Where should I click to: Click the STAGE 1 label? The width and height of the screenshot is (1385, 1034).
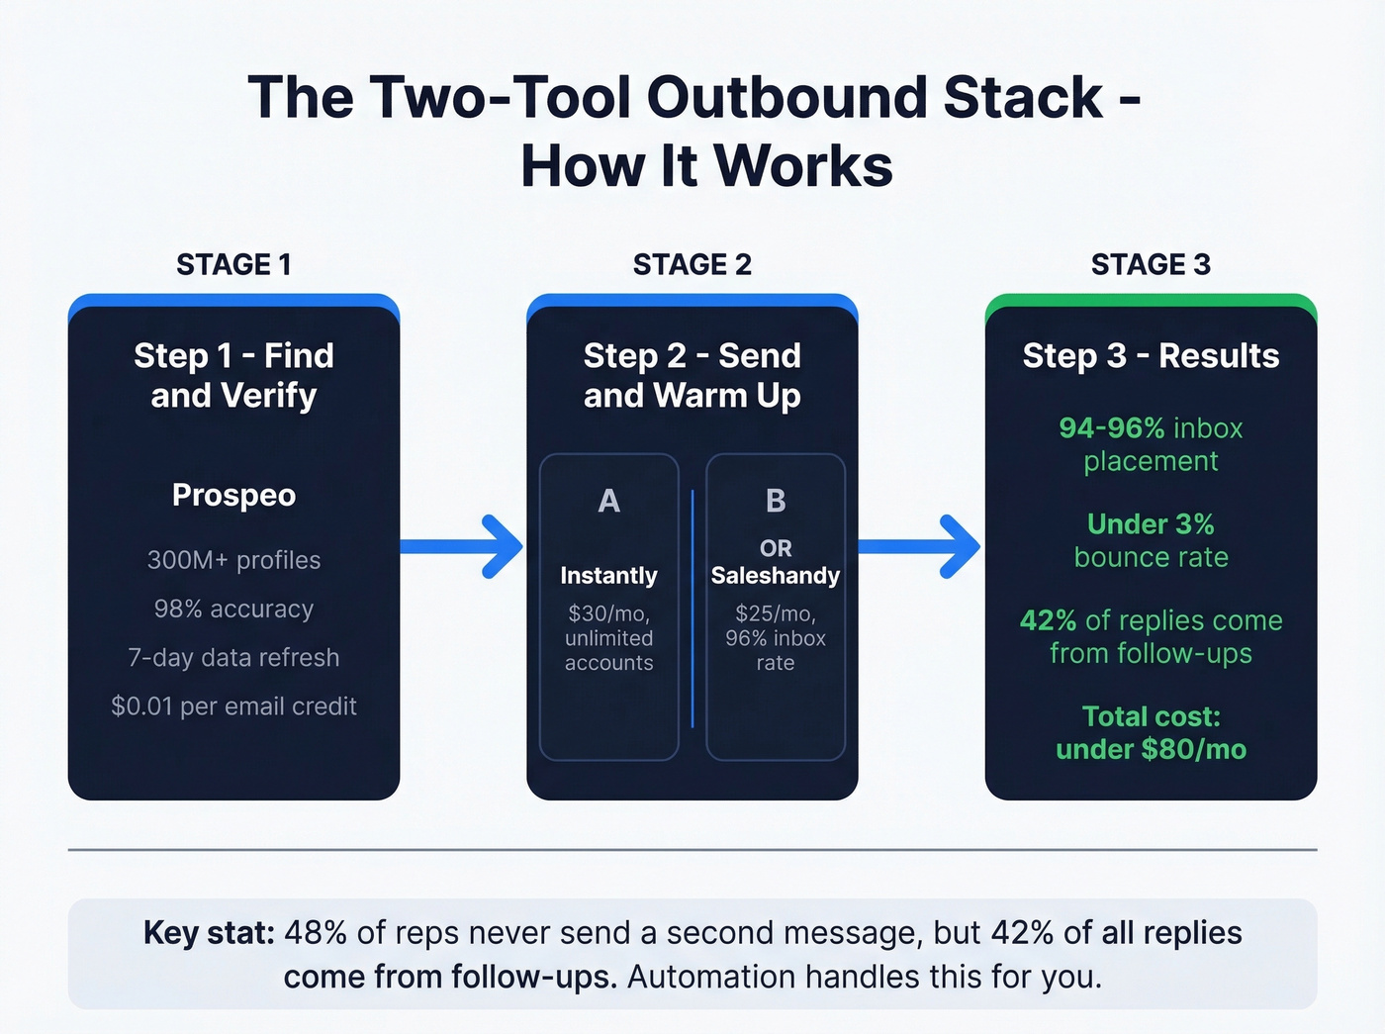pos(233,265)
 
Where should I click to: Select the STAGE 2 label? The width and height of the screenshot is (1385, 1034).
pos(692,265)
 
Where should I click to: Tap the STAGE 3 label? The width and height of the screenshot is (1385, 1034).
pos(1151,265)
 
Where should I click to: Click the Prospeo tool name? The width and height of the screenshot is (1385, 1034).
pos(233,495)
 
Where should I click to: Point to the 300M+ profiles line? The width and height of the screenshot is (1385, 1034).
pos(233,560)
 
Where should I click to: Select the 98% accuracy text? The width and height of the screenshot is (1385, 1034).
pos(233,609)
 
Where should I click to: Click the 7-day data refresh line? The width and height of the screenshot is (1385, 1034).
pos(233,658)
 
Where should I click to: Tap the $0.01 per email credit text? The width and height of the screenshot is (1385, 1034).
pos(233,706)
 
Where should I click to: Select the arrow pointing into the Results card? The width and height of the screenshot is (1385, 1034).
pos(920,546)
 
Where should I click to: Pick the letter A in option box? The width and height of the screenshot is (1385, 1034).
pos(608,502)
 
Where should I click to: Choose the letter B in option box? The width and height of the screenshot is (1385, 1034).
pos(776,502)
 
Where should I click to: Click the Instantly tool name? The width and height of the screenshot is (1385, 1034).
pos(608,576)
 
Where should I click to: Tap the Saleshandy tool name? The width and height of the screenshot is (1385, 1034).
pos(776,576)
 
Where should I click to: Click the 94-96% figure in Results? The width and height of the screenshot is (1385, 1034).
pos(1111,428)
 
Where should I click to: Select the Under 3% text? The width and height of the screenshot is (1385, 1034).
pos(1151,524)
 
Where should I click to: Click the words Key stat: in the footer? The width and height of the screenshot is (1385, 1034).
pos(209,933)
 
